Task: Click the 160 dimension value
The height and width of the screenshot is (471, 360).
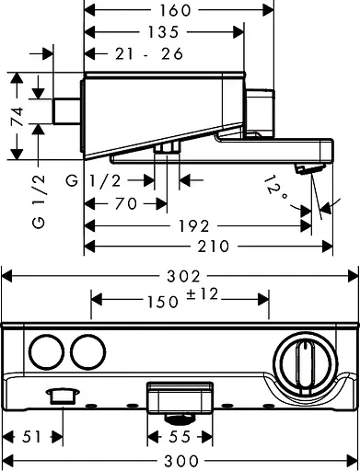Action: (175, 11)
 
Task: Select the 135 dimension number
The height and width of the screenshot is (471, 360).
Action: (163, 32)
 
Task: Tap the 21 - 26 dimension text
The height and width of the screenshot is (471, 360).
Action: (149, 54)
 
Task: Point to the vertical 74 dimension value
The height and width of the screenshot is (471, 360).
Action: (17, 117)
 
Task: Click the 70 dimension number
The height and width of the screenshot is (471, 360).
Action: (125, 203)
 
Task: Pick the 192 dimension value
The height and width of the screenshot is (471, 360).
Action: (194, 226)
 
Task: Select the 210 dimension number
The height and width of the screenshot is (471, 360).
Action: (214, 247)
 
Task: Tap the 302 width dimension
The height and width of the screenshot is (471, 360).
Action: (183, 276)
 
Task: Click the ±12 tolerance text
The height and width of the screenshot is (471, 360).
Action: (203, 294)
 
